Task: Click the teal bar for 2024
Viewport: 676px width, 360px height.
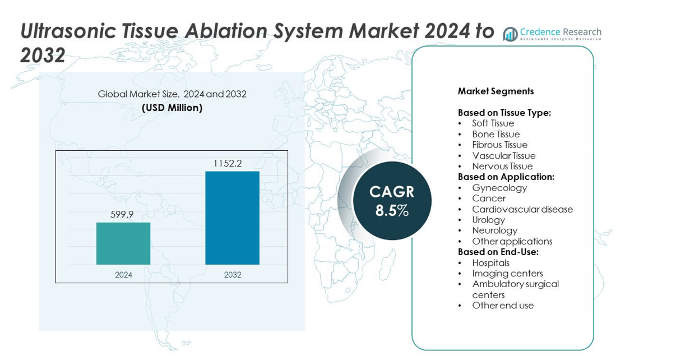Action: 123,243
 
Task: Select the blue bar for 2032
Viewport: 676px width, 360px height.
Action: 232,218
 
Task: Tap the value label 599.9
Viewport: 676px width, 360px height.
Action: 122,215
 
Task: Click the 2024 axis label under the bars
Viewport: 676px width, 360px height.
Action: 123,275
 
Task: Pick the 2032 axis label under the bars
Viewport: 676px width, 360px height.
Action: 233,275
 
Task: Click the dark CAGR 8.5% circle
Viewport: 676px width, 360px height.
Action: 392,201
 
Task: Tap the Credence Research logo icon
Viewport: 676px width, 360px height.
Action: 510,34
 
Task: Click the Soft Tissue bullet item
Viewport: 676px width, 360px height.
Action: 493,123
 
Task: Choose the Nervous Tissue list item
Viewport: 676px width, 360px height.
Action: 502,167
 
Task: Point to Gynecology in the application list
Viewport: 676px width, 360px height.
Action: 499,188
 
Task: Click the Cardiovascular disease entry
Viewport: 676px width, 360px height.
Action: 522,209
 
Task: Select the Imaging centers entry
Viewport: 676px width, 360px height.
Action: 507,274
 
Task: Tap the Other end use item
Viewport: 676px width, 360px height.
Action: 503,306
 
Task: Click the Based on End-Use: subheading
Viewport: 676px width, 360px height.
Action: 498,252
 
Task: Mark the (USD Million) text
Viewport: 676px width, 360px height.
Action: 172,108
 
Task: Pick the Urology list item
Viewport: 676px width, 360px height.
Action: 488,220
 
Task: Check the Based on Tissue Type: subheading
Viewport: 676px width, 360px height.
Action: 504,113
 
